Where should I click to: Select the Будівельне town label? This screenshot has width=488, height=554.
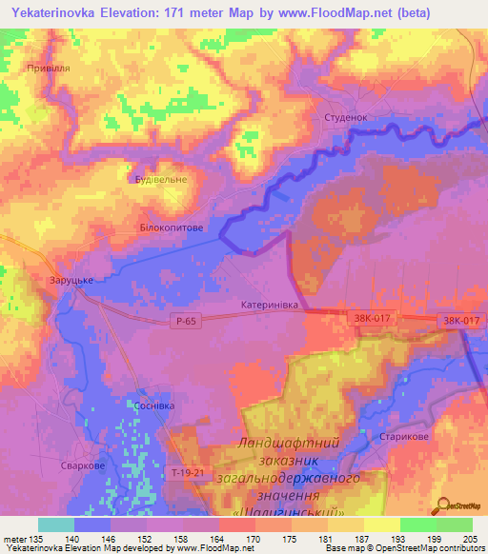point(159,179)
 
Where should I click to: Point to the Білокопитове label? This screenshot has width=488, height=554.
point(171,228)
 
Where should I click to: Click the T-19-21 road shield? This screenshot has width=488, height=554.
point(188,473)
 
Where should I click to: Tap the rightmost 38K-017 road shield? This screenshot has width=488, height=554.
point(460,322)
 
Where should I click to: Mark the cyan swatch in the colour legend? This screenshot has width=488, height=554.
point(56,524)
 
